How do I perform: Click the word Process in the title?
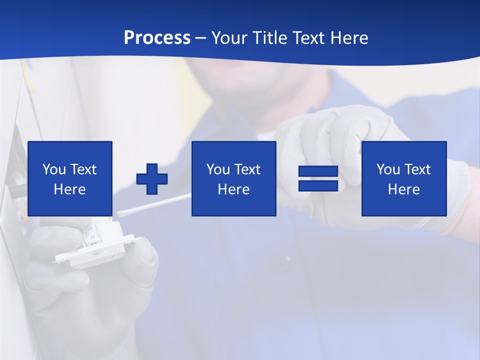(x=157, y=38)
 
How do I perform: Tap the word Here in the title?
(x=348, y=38)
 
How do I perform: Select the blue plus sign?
(x=152, y=179)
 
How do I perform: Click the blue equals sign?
(x=318, y=178)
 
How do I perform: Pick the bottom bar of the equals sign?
(x=318, y=185)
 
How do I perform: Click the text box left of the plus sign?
(x=70, y=178)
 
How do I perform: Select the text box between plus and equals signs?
(x=233, y=178)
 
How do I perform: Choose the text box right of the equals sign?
(x=403, y=178)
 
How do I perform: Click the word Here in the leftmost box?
(x=70, y=189)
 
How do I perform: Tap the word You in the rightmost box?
(x=388, y=169)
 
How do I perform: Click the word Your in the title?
(x=229, y=38)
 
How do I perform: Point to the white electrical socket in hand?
(x=95, y=245)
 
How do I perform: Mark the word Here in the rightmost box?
(x=403, y=189)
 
